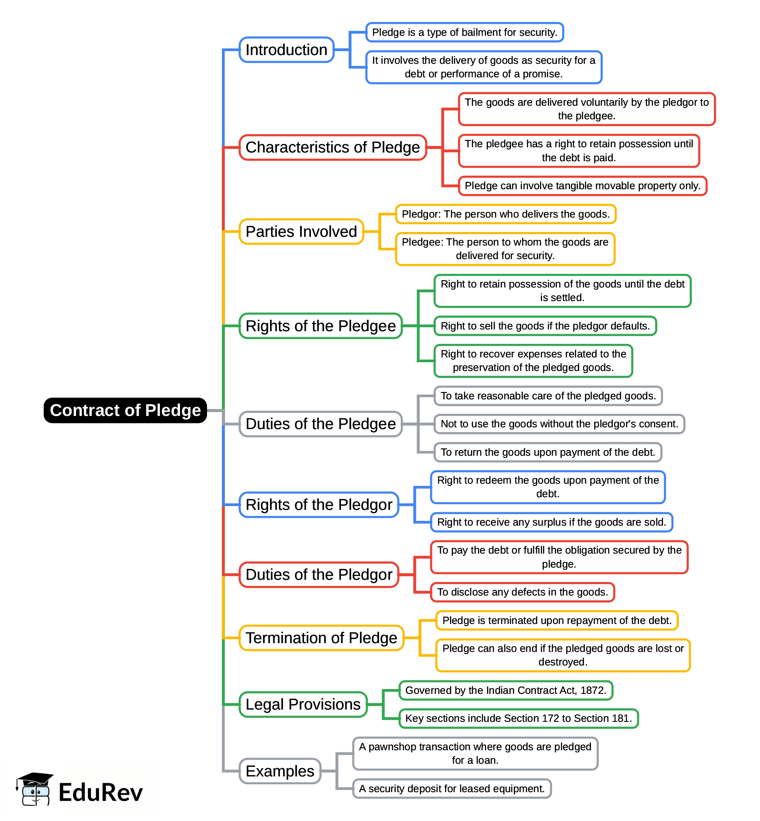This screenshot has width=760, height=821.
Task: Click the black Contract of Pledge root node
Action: point(125,410)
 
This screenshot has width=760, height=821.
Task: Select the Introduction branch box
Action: point(287,50)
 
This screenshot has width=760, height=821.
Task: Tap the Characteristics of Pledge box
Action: point(332,147)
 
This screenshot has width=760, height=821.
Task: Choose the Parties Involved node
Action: point(301,232)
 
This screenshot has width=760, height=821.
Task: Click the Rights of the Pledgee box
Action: point(320,326)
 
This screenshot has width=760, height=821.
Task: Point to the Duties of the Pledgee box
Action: point(320,424)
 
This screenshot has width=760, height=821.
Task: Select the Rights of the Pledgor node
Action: point(319,505)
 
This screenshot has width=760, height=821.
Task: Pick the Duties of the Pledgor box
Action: point(319,575)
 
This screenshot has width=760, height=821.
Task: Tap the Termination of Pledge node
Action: point(321,638)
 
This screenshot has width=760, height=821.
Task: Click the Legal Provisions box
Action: point(303,704)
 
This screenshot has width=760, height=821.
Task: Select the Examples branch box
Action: point(280,771)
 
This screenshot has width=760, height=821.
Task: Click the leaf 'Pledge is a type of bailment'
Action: point(464,32)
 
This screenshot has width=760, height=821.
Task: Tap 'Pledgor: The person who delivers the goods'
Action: point(505,214)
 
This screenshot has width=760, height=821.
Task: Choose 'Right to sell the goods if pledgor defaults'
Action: point(545,326)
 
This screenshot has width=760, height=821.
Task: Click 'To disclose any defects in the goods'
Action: point(522,592)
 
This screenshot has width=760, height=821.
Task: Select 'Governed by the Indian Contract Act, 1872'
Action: point(505,690)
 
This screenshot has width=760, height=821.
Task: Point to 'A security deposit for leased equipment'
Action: point(452,789)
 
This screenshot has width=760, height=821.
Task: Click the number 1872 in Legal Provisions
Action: point(592,690)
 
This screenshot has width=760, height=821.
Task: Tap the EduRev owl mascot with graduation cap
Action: point(35,789)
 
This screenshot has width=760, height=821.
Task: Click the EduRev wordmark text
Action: point(100,793)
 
